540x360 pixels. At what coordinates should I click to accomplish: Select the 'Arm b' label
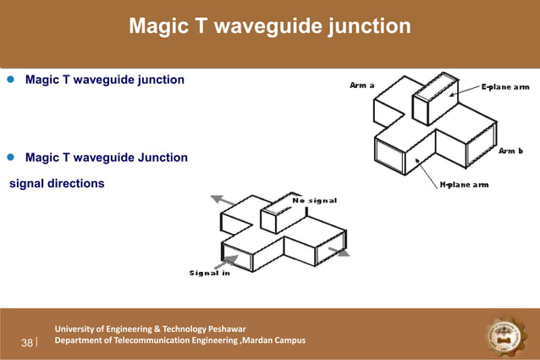tap(510, 151)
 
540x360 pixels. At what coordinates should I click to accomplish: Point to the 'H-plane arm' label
tap(463, 184)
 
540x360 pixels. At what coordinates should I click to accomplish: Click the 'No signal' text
tap(315, 201)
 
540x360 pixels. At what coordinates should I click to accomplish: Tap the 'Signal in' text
tap(209, 272)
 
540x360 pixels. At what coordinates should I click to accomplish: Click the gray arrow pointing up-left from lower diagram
tap(222, 200)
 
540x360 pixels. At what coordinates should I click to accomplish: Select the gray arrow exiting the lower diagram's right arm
tap(339, 252)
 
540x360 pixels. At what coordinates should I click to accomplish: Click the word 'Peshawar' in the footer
tap(223, 329)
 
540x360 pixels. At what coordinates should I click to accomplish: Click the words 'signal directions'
tap(57, 183)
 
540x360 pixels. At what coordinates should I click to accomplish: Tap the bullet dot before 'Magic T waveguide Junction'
tap(11, 158)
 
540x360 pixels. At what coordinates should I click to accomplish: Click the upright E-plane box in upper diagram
tap(434, 100)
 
